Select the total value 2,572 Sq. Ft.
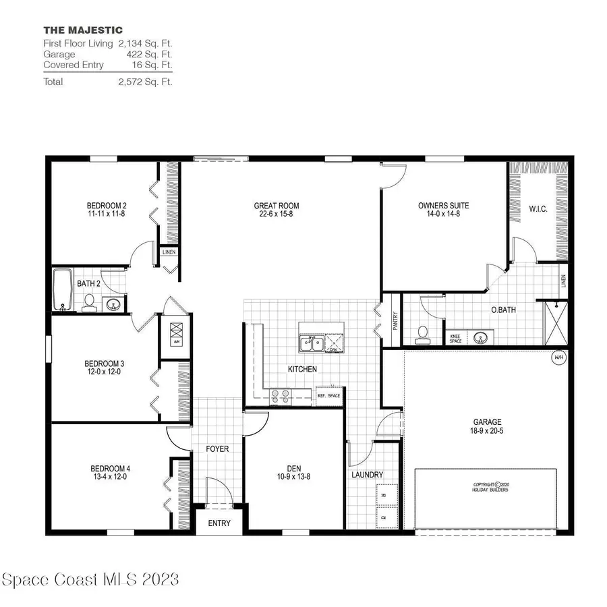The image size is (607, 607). pyautogui.click(x=145, y=82)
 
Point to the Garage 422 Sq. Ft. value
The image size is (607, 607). pyautogui.click(x=150, y=55)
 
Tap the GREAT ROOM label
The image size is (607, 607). pyautogui.click(x=276, y=206)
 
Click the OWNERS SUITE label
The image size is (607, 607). pyautogui.click(x=443, y=206)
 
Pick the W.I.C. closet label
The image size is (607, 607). pyautogui.click(x=538, y=210)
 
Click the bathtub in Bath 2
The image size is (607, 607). pyautogui.click(x=63, y=290)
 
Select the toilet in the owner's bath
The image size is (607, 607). pyautogui.click(x=423, y=335)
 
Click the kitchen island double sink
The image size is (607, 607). pyautogui.click(x=311, y=345)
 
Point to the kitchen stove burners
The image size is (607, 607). pyautogui.click(x=280, y=396)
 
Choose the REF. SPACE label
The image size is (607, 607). pyautogui.click(x=328, y=396)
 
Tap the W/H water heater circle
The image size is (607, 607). pyautogui.click(x=558, y=357)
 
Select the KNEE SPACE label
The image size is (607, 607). pyautogui.click(x=456, y=338)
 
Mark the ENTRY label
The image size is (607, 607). pyautogui.click(x=219, y=523)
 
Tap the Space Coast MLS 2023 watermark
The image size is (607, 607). pyautogui.click(x=90, y=579)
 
